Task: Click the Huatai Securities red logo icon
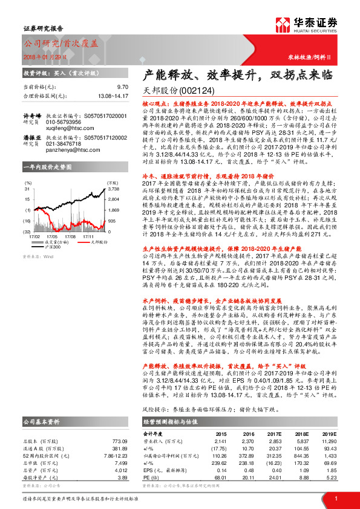tap(282, 25)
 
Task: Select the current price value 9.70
tap(123, 87)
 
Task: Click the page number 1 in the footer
tap(336, 497)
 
